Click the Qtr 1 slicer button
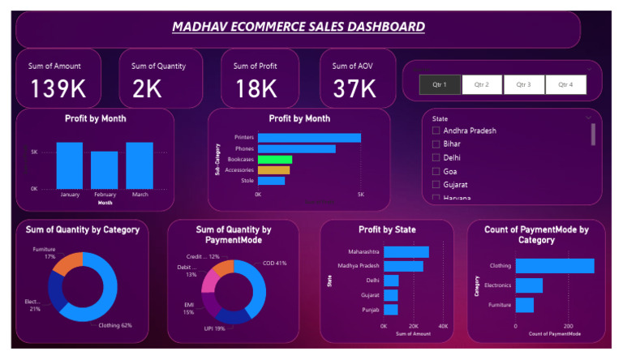[x=440, y=84]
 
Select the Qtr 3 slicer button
[x=524, y=84]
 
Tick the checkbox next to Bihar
[x=436, y=144]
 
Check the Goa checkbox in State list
[x=436, y=171]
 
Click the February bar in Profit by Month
[x=104, y=169]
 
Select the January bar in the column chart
[x=69, y=165]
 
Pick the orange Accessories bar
[x=273, y=170]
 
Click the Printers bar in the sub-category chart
[x=309, y=138]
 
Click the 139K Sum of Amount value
[x=58, y=89]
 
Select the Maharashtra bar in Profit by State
[x=406, y=252]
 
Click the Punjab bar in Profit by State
[x=390, y=310]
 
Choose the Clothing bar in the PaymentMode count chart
[x=554, y=266]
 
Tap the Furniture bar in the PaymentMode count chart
[x=524, y=305]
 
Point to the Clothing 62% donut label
[x=115, y=325]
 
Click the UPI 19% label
[x=215, y=328]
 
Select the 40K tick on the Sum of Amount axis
[x=443, y=326]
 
